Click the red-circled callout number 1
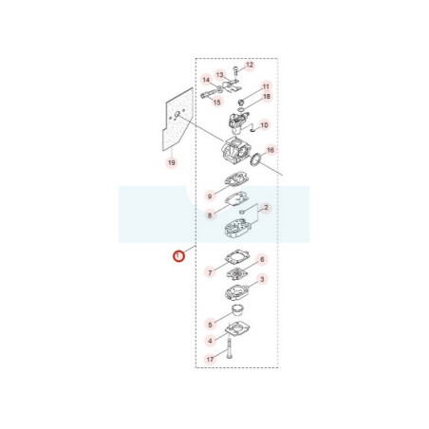(x=178, y=255)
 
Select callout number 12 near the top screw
(x=250, y=65)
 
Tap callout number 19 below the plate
(x=172, y=162)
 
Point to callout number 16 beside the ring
(x=270, y=150)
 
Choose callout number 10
(x=264, y=125)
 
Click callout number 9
(x=210, y=196)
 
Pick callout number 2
(x=266, y=208)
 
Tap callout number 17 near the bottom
(x=211, y=360)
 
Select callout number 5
(x=211, y=325)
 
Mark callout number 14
(x=206, y=80)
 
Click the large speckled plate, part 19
(x=177, y=121)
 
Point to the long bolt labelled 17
(x=230, y=348)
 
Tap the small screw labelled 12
(x=235, y=70)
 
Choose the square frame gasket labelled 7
(x=237, y=256)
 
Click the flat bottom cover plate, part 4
(x=237, y=329)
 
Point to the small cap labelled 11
(x=241, y=103)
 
